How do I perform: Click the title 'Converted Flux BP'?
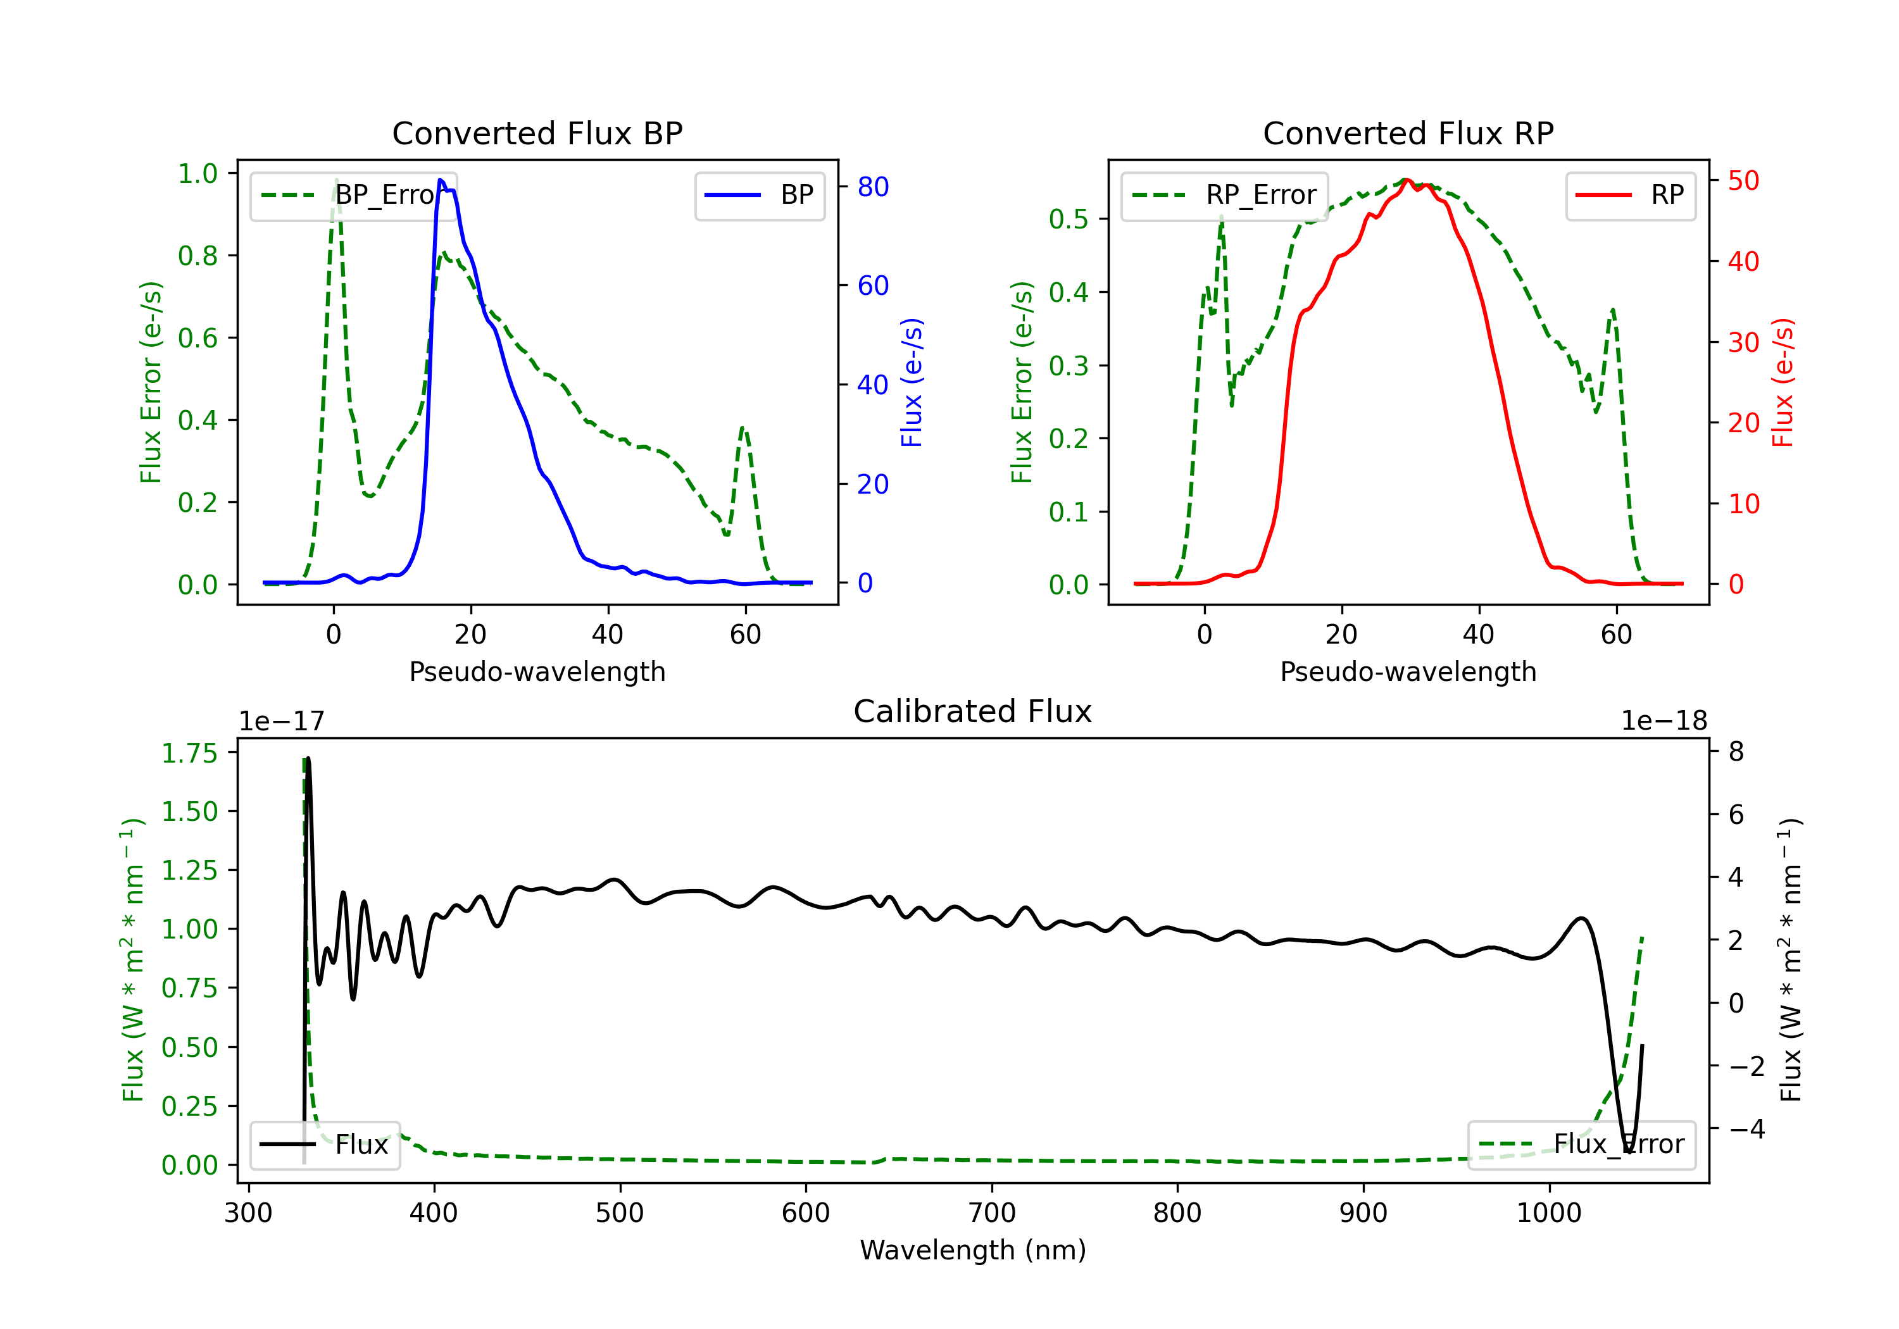pos(537,133)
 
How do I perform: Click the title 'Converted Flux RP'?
pos(1408,133)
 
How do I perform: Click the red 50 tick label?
pos(1743,180)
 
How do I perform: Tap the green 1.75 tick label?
pos(189,753)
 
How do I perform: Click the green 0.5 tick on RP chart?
pos(1068,219)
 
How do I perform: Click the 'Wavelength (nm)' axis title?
pos(973,1251)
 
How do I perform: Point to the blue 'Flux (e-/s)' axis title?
pos(912,382)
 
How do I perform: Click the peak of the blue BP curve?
pos(441,180)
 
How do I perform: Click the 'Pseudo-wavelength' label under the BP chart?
pos(537,671)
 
